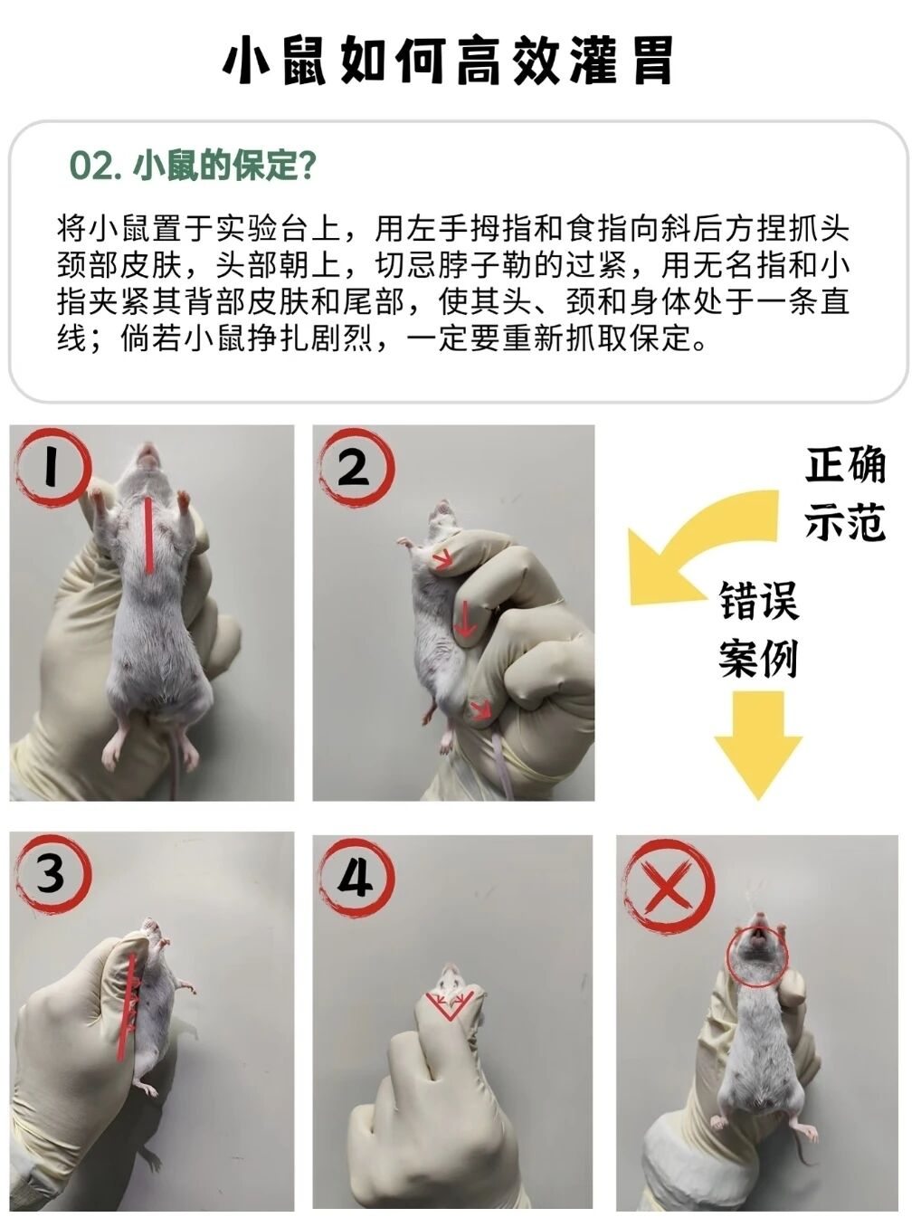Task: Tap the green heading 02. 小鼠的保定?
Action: click(193, 166)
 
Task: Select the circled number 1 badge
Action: click(52, 468)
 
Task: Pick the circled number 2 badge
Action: click(356, 468)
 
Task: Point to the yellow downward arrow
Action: click(758, 745)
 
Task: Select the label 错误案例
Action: click(758, 629)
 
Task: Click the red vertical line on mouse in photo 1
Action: click(149, 536)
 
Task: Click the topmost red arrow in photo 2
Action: click(443, 559)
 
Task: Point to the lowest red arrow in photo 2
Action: click(480, 710)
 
